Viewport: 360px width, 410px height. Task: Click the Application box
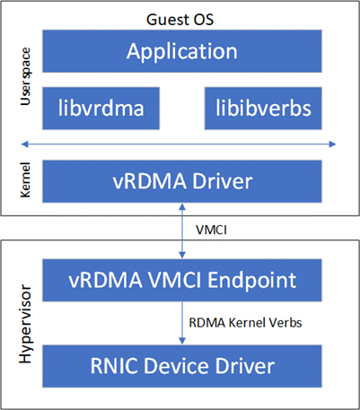tap(183, 51)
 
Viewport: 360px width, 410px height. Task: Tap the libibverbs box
tap(262, 108)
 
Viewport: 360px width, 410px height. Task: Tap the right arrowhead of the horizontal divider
tap(334, 144)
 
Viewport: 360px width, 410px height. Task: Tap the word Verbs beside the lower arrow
tap(279, 320)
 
